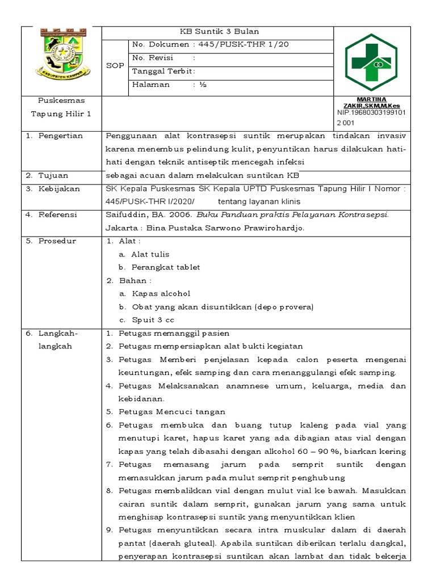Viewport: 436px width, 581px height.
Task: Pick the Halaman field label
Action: point(150,85)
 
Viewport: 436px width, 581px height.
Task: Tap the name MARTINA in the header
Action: point(371,99)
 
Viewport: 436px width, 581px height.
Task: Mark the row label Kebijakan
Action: point(59,189)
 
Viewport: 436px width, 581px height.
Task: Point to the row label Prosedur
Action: point(57,241)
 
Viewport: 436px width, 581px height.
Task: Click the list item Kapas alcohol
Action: point(161,293)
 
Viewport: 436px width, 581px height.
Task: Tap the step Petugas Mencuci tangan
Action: point(171,411)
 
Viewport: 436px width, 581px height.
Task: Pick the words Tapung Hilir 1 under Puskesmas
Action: point(61,114)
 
